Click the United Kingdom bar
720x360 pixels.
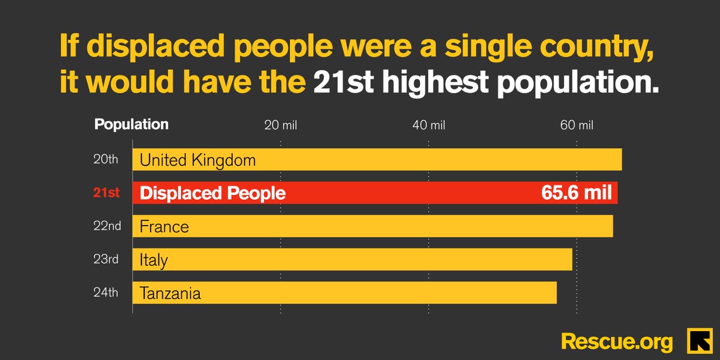377,160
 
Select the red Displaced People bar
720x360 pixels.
375,193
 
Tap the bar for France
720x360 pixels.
373,226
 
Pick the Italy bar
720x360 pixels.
352,260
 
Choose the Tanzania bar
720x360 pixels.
344,293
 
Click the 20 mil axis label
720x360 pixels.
281,125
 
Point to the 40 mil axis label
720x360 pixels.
428,125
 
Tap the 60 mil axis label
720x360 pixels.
577,125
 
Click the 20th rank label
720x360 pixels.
106,160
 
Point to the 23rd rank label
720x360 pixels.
106,260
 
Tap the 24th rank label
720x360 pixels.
106,293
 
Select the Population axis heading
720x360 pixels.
131,125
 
